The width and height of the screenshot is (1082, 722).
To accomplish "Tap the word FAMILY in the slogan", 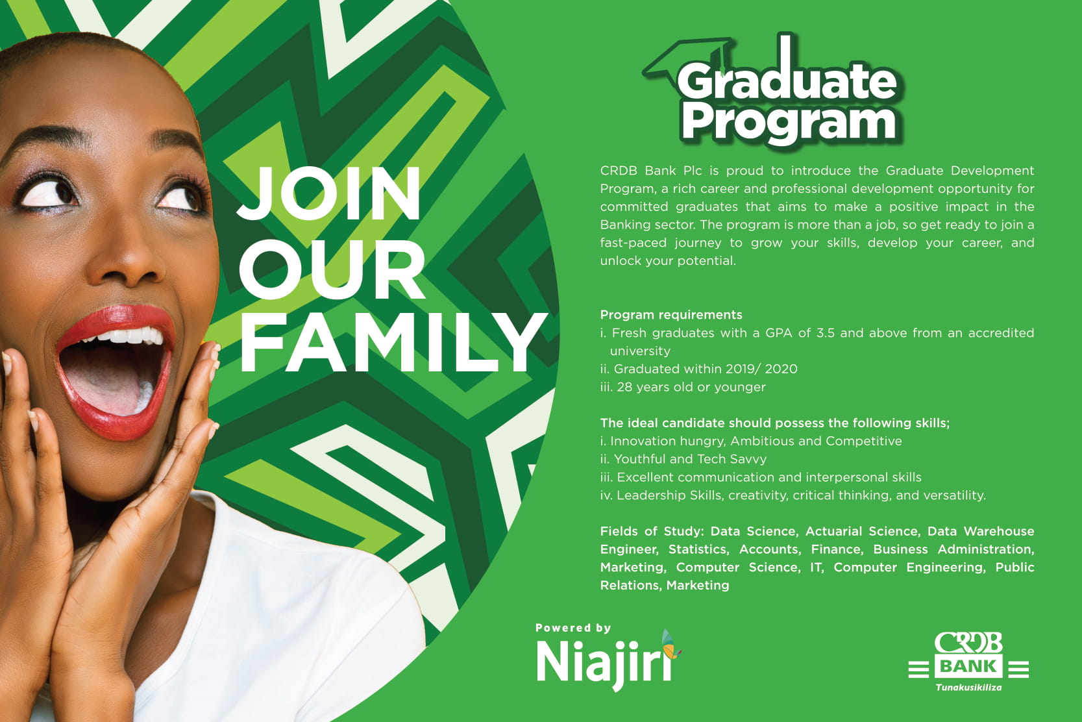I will pos(393,342).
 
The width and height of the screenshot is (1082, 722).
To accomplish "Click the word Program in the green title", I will pos(788,123).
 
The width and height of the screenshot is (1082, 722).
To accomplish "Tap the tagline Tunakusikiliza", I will pos(968,688).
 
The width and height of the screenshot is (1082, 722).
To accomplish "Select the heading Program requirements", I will pos(671,315).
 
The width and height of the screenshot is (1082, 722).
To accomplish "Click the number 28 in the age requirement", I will pos(624,387).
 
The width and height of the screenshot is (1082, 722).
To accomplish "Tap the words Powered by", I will pos(572,628).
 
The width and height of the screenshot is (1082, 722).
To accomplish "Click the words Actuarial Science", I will pos(862,531).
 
